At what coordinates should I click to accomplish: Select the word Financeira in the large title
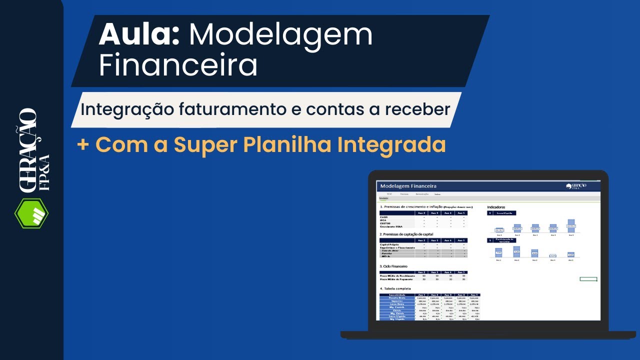tap(178, 65)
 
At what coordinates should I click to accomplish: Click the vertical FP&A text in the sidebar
tap(43, 172)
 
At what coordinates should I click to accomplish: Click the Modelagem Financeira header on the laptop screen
tap(408, 186)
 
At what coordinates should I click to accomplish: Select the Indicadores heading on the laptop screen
tap(496, 207)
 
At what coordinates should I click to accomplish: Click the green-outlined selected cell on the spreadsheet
tap(588, 279)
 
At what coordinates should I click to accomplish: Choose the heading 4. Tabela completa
tap(397, 289)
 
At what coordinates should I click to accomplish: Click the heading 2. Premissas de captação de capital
tap(406, 234)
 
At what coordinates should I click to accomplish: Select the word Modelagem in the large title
tap(280, 35)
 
